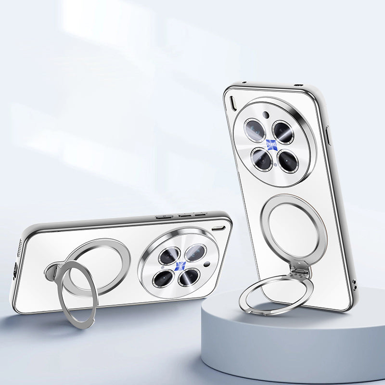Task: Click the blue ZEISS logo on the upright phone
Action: (271, 144)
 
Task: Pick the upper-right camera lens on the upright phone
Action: (283, 132)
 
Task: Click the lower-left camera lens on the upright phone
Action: (262, 159)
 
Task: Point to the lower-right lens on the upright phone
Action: (288, 162)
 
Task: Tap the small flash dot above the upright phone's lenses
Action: (265, 115)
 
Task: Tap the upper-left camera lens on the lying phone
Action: (169, 256)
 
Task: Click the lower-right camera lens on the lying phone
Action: (188, 276)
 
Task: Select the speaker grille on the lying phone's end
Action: (19, 246)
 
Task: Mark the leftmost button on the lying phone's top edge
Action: (165, 217)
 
